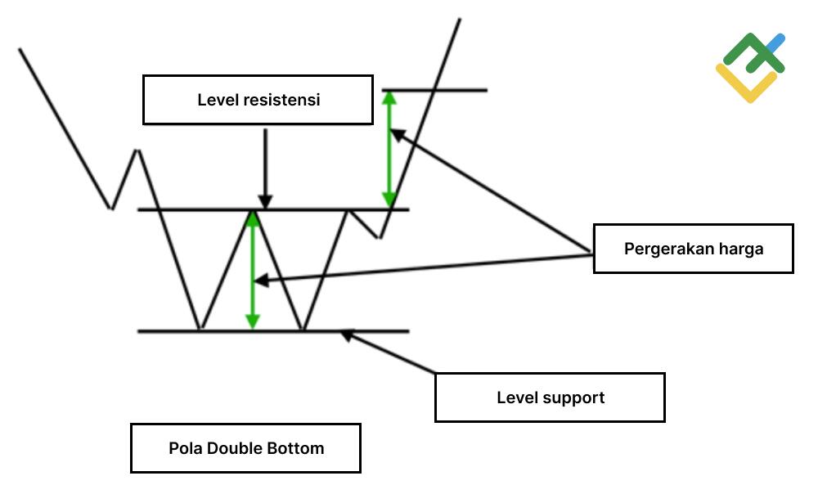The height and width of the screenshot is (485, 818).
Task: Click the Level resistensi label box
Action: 258,100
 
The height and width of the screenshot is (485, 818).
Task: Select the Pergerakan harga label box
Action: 693,249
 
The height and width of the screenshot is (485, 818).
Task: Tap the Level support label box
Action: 550,397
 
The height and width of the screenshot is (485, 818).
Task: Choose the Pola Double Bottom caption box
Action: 245,448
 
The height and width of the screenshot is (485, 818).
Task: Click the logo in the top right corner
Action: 751,67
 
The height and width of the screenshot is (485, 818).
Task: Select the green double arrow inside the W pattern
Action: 253,270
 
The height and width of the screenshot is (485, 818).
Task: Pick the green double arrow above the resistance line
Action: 390,147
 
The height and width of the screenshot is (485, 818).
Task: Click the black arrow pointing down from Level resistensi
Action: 264,168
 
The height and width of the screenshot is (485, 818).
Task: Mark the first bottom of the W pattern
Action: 199,330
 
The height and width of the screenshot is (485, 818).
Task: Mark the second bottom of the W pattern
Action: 303,330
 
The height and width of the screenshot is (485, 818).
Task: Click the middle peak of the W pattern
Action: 252,212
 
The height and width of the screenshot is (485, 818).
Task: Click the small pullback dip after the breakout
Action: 379,236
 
